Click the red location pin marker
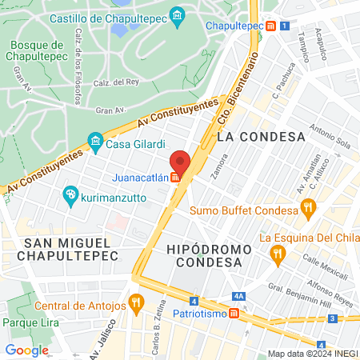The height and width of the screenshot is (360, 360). [x=180, y=162]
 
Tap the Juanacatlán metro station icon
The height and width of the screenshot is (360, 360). [x=174, y=178]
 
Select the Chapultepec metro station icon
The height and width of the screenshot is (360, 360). [x=272, y=26]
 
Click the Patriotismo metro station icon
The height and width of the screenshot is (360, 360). [x=233, y=313]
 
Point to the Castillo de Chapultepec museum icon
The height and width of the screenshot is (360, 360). [x=178, y=16]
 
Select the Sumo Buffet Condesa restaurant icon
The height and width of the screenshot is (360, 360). [x=308, y=210]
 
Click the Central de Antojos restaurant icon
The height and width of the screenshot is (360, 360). [x=136, y=305]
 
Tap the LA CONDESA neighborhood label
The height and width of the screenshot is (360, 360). [x=261, y=137]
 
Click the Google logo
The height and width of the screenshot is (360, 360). [x=26, y=350]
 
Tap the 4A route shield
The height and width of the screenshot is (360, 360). [x=239, y=294]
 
